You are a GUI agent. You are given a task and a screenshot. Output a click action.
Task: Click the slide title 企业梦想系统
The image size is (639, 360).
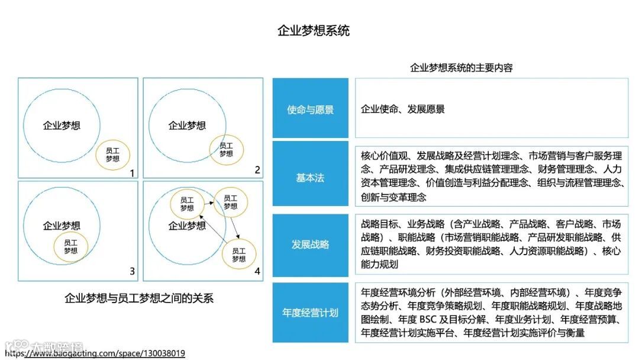[314, 31]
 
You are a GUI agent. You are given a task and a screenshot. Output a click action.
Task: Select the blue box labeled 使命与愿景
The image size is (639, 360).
[310, 110]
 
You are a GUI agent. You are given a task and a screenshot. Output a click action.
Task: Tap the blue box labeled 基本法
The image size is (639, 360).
[310, 178]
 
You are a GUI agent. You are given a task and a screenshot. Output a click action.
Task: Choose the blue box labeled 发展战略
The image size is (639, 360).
[310, 245]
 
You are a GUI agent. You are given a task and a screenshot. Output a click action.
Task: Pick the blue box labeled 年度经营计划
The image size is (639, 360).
[310, 312]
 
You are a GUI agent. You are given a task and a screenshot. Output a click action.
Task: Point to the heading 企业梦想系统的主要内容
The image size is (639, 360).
[461, 67]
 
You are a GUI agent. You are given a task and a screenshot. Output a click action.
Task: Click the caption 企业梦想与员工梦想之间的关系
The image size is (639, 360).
[138, 298]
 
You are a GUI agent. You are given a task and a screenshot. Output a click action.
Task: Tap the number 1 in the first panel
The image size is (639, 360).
[132, 173]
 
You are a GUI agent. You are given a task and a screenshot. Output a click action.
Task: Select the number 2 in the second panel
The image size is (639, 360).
[257, 170]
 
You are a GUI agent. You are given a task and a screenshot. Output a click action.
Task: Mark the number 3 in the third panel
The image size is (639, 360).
[132, 272]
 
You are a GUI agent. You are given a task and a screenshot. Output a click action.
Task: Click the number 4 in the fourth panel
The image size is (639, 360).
[257, 272]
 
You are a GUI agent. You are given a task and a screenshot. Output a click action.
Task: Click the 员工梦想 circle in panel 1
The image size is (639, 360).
[112, 155]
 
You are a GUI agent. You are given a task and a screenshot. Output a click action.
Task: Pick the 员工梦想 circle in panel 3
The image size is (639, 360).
[70, 247]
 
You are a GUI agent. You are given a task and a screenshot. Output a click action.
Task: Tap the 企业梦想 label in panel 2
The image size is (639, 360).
[187, 126]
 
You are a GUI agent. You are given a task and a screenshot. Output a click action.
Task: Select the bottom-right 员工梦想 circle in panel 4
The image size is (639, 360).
[238, 255]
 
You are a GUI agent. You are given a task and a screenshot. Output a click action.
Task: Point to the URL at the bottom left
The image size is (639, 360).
[95, 353]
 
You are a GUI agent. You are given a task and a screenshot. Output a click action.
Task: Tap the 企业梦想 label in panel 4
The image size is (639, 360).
[187, 226]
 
